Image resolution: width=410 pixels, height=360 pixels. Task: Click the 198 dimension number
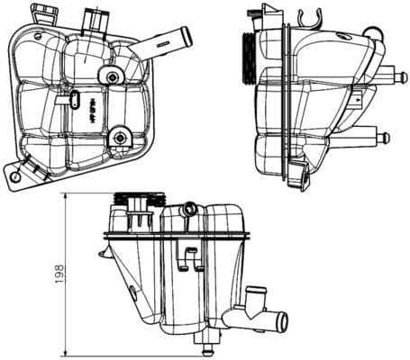pyautogui.click(x=57, y=272)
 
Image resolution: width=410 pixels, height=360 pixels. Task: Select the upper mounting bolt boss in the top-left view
pyautogui.click(x=111, y=78)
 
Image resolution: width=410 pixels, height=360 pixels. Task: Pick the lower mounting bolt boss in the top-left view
pyautogui.click(x=117, y=137)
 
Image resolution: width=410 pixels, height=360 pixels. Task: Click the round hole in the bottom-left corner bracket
pyautogui.click(x=18, y=176)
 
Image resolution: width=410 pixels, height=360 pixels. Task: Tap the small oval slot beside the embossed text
pyautogui.click(x=71, y=107)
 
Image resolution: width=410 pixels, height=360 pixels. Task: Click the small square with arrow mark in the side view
pyautogui.click(x=359, y=98)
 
